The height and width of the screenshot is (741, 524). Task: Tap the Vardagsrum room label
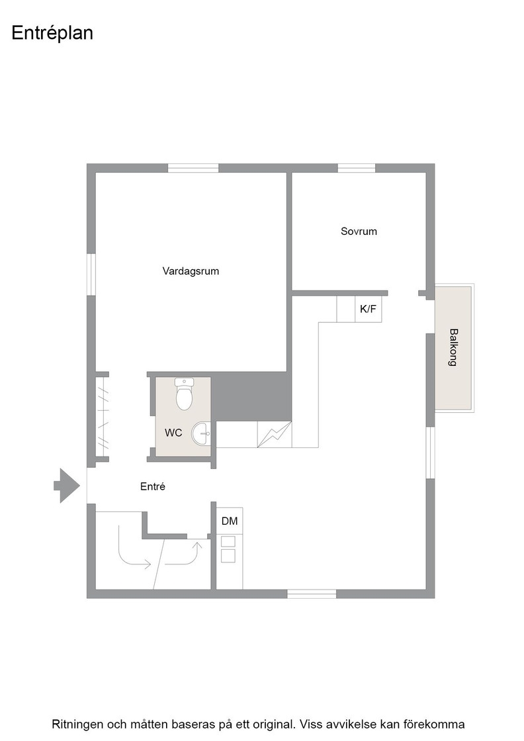(191, 271)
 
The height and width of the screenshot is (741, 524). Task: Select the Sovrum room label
(359, 231)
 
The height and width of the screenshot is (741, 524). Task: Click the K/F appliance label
(368, 309)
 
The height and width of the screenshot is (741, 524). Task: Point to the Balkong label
(453, 347)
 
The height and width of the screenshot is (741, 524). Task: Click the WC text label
(173, 433)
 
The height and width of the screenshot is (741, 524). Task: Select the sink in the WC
(201, 433)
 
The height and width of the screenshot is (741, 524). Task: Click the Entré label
(153, 486)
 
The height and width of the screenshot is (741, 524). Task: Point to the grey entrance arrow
(67, 486)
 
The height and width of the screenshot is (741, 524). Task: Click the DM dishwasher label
(230, 521)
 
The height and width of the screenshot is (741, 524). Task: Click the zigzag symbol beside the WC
(274, 434)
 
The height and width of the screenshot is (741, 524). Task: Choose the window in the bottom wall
(312, 594)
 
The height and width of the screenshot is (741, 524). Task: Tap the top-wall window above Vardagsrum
(193, 168)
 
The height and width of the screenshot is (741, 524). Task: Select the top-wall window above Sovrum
(356, 168)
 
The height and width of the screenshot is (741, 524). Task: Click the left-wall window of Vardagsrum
(91, 275)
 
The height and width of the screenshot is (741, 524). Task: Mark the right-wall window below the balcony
(431, 453)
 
